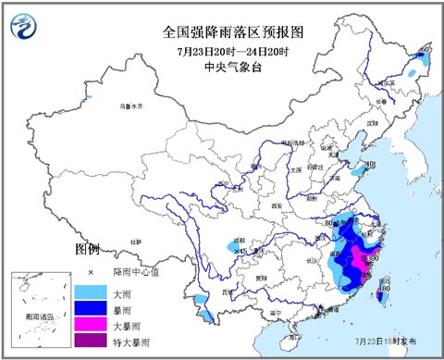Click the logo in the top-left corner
31,26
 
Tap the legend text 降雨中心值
134,272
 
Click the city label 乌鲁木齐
134,107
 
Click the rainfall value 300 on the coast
372,259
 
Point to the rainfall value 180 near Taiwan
385,289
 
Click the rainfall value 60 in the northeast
425,48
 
